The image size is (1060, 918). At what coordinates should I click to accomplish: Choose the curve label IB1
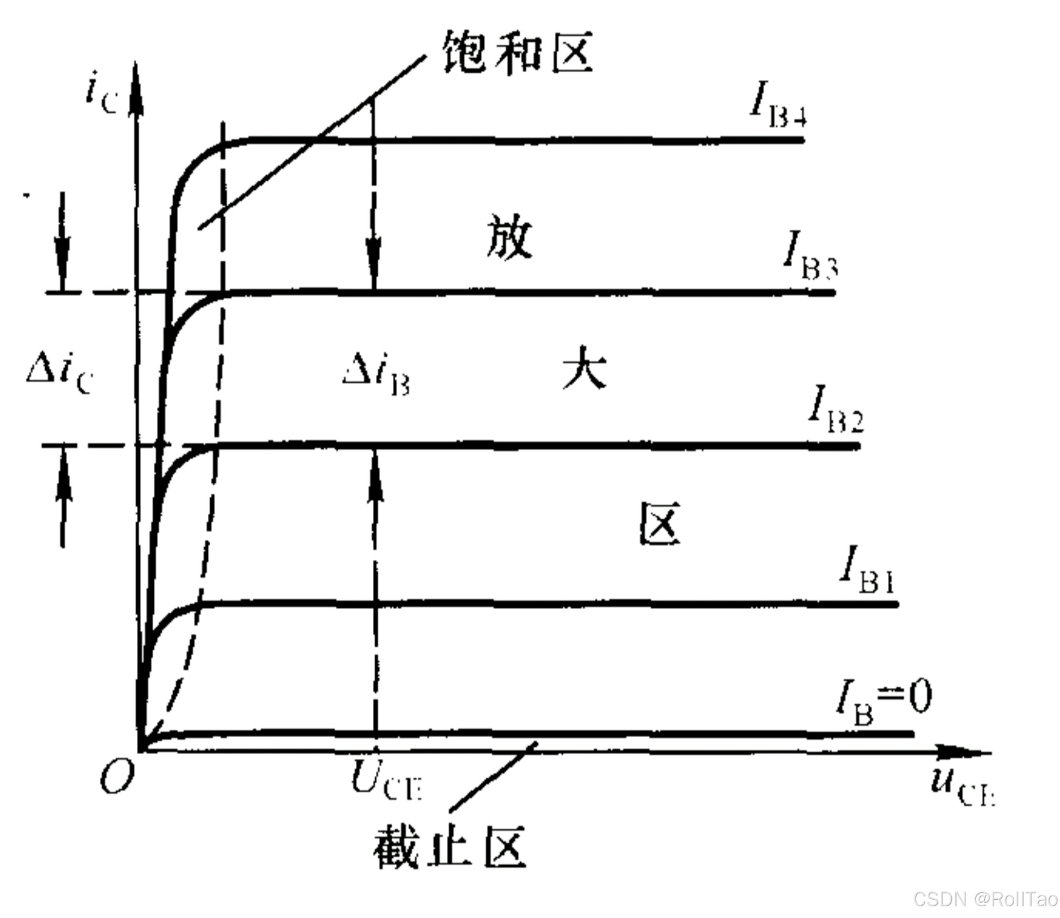pos(866,570)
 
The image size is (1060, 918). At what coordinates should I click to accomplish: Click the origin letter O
pos(117,778)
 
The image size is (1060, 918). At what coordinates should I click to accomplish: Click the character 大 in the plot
pos(584,368)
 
